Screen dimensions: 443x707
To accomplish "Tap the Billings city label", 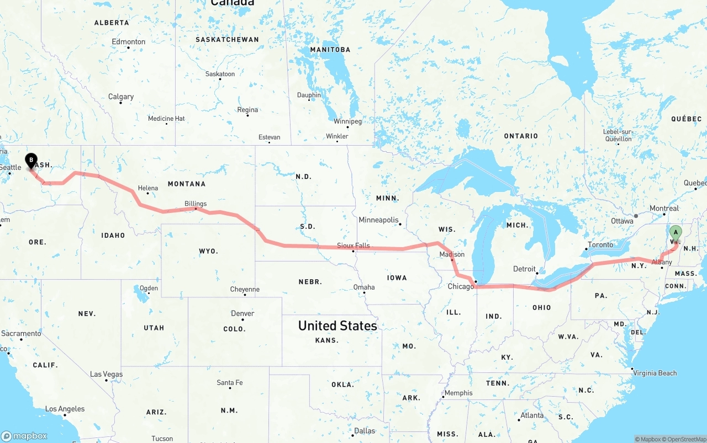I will tap(196, 204).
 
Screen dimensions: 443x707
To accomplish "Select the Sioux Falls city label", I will tap(353, 245).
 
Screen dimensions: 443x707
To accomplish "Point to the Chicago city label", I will tap(461, 286).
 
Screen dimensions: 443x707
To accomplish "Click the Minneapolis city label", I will tap(378, 220).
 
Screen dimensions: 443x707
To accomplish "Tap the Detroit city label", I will tap(524, 269).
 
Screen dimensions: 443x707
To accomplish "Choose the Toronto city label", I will tap(600, 244).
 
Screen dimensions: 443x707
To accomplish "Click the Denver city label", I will tap(242, 313).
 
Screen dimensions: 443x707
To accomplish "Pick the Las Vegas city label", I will tap(107, 374).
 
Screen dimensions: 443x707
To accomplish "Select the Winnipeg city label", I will tap(347, 121).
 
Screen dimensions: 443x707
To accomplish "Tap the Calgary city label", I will tap(121, 97).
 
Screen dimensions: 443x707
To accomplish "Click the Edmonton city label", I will tap(129, 41).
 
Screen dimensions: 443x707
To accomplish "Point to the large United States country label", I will tap(337, 325).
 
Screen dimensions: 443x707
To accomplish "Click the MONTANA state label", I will tap(186, 184).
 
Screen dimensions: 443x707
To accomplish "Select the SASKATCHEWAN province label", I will tap(227, 40).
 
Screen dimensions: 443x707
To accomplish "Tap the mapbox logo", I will tap(24, 436).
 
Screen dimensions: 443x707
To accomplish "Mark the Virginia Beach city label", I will tap(655, 373).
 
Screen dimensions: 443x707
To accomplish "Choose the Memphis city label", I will tap(458, 393).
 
